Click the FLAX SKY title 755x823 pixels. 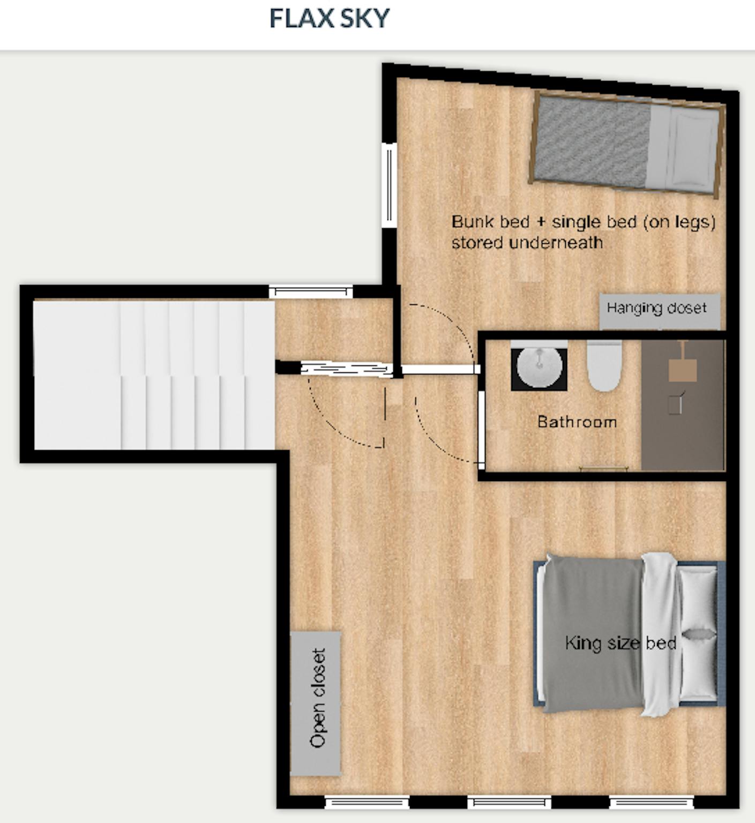[x=329, y=18]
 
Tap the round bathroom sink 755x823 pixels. [x=539, y=368]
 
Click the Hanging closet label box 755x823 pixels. [x=659, y=311]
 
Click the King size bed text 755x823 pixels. [x=621, y=642]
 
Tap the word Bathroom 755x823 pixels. [x=577, y=422]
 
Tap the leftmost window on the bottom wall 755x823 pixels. [x=367, y=802]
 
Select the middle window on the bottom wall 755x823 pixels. [x=509, y=802]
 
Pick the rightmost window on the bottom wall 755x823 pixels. [x=652, y=802]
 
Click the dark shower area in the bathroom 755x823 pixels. [x=683, y=405]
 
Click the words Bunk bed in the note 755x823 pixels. [x=483, y=221]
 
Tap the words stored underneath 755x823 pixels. [x=527, y=243]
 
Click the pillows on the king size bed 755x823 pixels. [x=699, y=634]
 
